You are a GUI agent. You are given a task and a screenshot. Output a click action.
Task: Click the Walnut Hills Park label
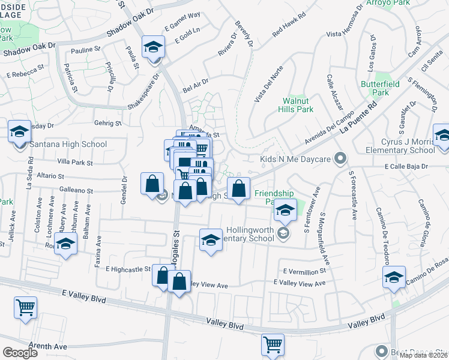click(298, 106)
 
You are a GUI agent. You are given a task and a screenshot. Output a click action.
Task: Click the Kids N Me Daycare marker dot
click(340, 159)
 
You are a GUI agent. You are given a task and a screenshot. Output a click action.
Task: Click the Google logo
click(20, 353)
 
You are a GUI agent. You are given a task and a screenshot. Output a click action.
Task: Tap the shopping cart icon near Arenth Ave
click(25, 308)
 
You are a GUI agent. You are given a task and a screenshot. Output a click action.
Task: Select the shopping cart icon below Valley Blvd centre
click(273, 345)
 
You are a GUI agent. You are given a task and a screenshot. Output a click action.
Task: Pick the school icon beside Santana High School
click(19, 131)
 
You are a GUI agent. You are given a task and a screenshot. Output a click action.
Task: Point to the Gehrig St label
click(107, 123)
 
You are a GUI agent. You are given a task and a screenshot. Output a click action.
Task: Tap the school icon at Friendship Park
click(286, 210)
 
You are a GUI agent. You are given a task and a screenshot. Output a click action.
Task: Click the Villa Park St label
click(74, 163)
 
